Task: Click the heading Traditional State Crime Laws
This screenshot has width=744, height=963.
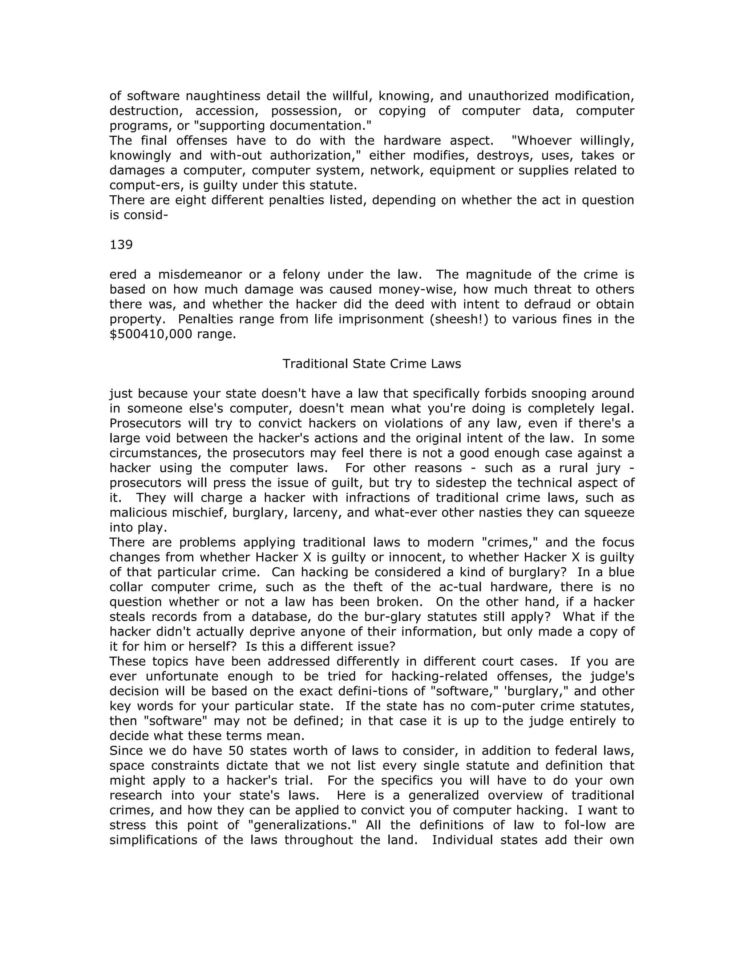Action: pyautogui.click(x=372, y=363)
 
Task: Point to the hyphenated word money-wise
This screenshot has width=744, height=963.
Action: pyautogui.click(x=419, y=289)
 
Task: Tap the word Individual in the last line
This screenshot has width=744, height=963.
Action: pyautogui.click(x=462, y=839)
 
